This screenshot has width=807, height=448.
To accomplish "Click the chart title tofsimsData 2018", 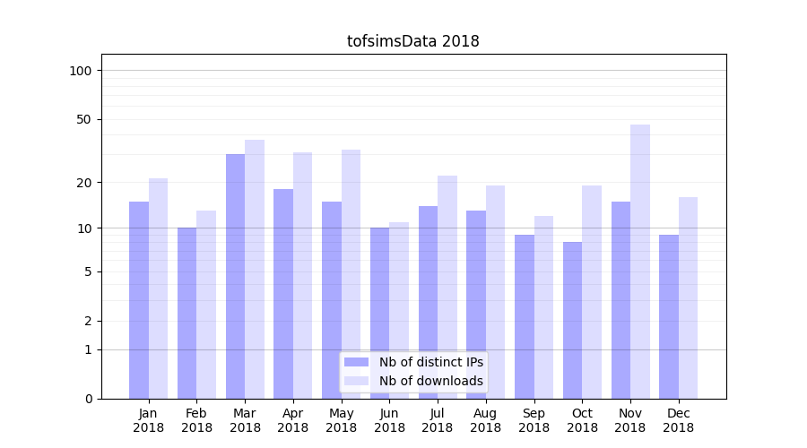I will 412,42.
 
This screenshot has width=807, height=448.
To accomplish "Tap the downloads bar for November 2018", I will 640,262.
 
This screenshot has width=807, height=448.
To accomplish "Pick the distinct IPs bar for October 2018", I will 572,320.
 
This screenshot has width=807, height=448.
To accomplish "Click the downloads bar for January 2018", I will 158,289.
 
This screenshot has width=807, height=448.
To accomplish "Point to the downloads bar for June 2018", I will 399,310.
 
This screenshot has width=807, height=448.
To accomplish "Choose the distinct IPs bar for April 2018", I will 283,294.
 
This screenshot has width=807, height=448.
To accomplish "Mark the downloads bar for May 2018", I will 351,274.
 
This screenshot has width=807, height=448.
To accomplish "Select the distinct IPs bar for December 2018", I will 669,316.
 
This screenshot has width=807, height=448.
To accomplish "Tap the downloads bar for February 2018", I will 206,305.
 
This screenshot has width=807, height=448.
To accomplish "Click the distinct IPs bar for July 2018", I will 428,302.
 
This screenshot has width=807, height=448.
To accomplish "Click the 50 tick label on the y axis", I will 84,119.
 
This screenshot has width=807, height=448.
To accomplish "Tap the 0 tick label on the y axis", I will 88,399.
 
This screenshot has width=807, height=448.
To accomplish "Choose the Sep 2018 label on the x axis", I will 534,420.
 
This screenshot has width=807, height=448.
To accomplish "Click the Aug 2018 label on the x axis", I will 485,420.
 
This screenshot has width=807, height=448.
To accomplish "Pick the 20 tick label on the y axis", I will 84,183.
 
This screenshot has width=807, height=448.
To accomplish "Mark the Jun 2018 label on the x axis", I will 389,420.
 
